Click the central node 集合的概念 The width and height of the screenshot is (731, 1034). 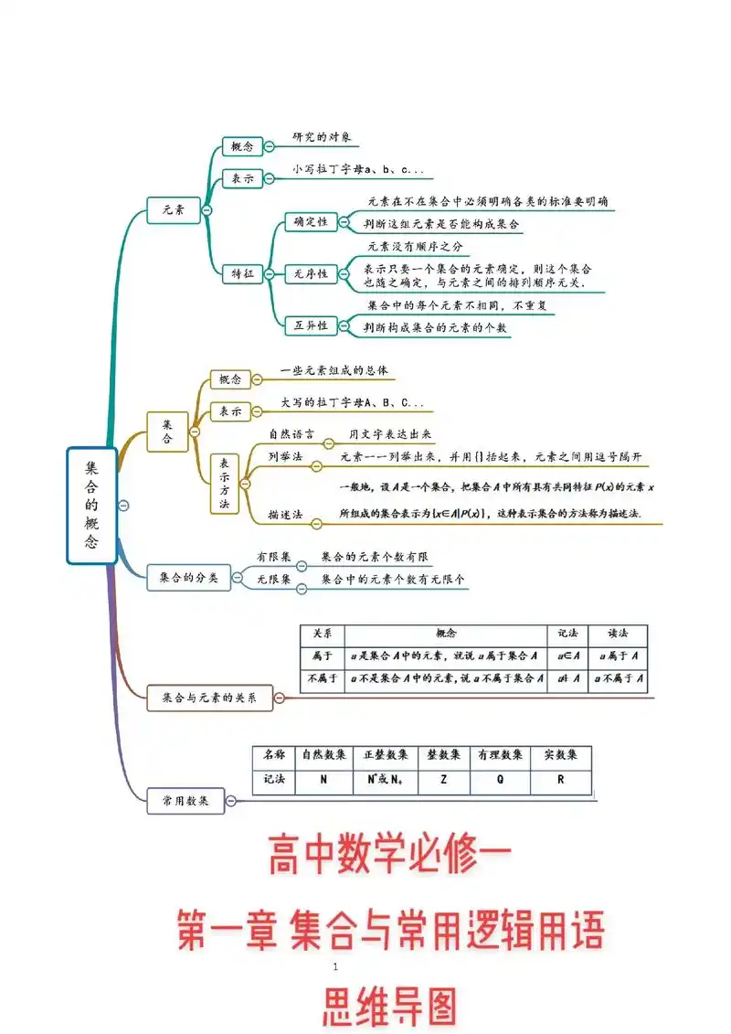(92, 505)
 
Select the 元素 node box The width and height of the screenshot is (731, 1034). (174, 210)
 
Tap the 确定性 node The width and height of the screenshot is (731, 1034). (311, 222)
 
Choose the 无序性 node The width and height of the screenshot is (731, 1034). (311, 273)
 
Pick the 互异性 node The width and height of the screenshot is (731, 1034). (311, 325)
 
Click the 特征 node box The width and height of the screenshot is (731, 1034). (243, 273)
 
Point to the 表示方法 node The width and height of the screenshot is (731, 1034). (225, 483)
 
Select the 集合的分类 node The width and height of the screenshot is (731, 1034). (188, 578)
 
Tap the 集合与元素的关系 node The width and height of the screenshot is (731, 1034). (209, 698)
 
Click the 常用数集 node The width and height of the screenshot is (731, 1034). (185, 801)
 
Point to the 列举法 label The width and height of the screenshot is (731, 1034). (285, 456)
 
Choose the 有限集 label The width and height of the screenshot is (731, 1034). (273, 556)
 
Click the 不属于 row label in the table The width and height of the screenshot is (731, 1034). (323, 678)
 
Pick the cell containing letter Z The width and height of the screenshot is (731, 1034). (443, 781)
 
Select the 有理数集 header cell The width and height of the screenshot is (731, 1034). (500, 755)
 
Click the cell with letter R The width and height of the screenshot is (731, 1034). (560, 781)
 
